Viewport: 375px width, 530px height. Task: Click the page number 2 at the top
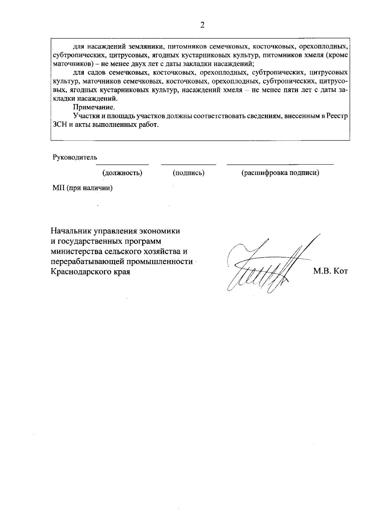202,25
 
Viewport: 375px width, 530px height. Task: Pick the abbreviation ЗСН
60,125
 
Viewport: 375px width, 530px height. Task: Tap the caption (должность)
122,173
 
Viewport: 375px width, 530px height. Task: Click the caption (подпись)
188,173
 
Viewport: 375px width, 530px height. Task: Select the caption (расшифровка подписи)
280,173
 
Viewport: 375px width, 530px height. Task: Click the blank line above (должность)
122,164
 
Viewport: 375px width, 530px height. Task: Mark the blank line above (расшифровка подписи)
280,164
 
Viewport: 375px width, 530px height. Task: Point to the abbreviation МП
58,188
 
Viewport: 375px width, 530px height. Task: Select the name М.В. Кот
330,271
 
